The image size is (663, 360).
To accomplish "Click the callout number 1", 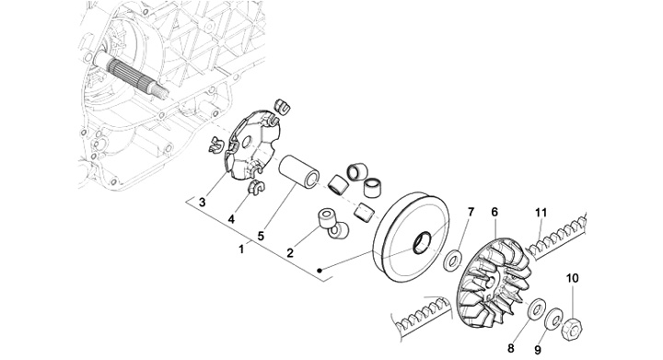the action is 241,250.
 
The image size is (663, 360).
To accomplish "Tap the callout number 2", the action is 290,252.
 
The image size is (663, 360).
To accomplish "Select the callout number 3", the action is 202,203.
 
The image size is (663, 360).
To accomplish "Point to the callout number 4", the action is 231,219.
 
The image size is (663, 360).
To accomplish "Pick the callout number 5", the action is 261,236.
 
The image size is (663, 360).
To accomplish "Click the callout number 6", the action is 494,212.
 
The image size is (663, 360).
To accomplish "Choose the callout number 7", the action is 471,212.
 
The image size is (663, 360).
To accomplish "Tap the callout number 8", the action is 511,348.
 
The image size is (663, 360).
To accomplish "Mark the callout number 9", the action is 538,350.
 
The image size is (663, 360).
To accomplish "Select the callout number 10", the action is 573,278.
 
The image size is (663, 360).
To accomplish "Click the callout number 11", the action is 541,212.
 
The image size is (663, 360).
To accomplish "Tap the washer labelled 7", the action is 453,260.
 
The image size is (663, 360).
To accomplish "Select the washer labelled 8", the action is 537,308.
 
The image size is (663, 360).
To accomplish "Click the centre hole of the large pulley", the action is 422,243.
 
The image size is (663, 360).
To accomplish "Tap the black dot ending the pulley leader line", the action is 320,270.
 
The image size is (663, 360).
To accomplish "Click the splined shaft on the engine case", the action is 132,74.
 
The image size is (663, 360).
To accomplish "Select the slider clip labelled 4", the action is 255,187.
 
